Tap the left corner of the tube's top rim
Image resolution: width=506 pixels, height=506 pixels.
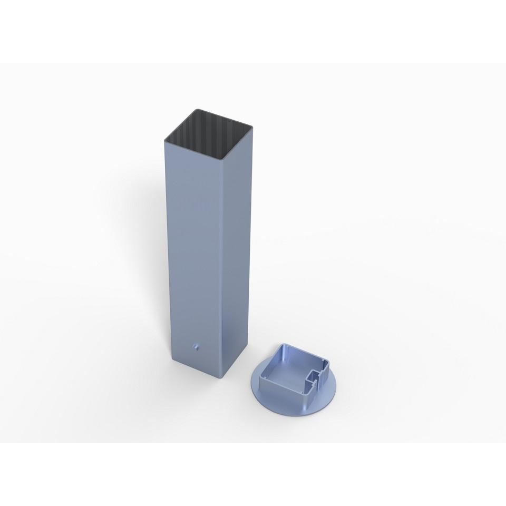pyautogui.click(x=164, y=137)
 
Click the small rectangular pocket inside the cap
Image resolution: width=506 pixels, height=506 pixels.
pyautogui.click(x=319, y=375)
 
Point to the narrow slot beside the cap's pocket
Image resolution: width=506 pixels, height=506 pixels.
pyautogui.click(x=312, y=380)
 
